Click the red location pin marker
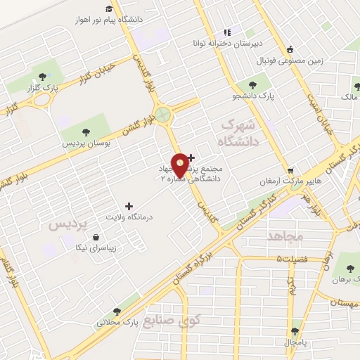tap(181, 165)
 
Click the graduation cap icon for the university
tap(109, 8)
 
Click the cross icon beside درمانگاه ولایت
tap(128, 206)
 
